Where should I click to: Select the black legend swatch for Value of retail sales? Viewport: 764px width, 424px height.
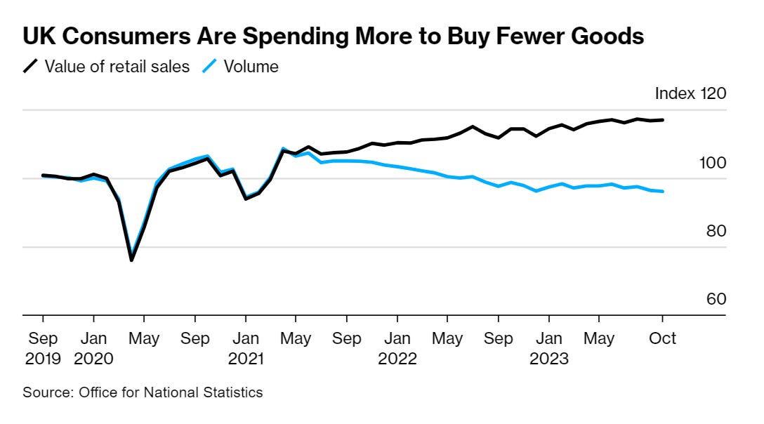click(x=31, y=67)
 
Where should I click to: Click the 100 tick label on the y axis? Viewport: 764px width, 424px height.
click(x=711, y=163)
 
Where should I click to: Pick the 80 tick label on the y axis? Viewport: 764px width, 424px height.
click(x=716, y=232)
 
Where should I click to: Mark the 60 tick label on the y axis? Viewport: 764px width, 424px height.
click(x=716, y=300)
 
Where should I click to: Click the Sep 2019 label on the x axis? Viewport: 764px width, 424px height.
click(x=43, y=348)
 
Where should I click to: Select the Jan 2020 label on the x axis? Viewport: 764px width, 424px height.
click(x=93, y=348)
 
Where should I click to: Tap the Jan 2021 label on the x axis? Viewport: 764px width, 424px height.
click(x=245, y=348)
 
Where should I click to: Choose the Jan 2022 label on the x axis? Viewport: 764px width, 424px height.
click(x=397, y=348)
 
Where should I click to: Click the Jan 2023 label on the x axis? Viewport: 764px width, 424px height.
click(x=549, y=348)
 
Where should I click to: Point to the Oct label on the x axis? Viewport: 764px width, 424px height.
click(x=662, y=338)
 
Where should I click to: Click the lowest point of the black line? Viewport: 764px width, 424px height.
click(x=131, y=260)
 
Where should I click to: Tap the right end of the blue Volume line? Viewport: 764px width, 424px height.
click(x=663, y=191)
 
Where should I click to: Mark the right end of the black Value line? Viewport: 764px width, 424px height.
click(x=663, y=120)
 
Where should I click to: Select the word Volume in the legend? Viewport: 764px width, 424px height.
click(x=251, y=67)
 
